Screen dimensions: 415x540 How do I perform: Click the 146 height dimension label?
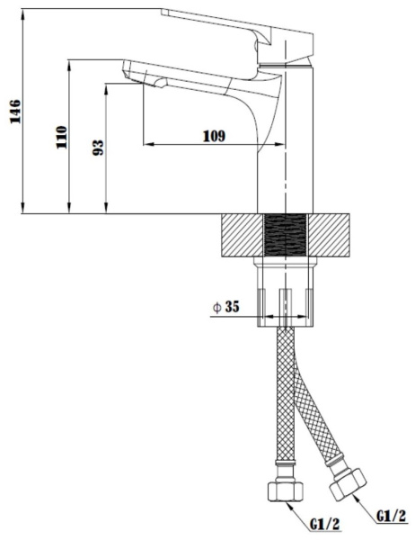(x=15, y=112)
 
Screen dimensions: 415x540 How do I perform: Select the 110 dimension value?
(x=62, y=137)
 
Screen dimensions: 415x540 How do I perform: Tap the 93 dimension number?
(x=98, y=148)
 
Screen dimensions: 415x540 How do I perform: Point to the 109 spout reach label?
(x=214, y=136)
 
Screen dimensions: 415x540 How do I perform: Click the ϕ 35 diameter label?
(x=225, y=307)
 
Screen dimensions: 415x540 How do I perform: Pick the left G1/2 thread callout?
(x=324, y=524)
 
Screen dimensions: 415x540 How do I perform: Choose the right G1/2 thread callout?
(x=392, y=516)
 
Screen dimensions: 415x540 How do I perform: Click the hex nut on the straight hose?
(x=286, y=491)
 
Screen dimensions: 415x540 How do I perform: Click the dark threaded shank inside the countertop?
(x=286, y=235)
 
